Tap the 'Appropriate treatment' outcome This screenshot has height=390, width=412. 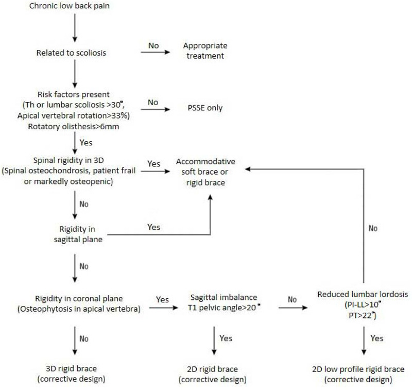point(204,50)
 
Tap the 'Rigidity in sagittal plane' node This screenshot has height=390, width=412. point(77,234)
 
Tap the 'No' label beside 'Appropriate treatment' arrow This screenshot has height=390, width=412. point(153,45)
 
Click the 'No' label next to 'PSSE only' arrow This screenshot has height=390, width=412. point(153,102)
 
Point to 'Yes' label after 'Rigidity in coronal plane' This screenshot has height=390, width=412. point(162,299)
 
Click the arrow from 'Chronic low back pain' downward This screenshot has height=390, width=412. point(75,28)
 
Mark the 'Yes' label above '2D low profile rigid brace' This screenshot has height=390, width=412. point(376,338)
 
